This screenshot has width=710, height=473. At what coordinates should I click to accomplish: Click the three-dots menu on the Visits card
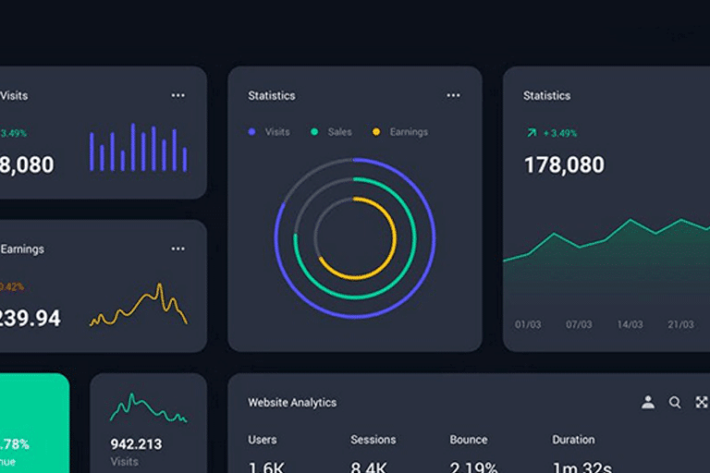[x=177, y=95]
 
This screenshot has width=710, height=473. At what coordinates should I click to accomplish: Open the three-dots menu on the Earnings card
[x=177, y=249]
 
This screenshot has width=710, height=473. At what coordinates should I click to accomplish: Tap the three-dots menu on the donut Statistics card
[x=453, y=95]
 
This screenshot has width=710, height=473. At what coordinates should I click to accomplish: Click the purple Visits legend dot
[x=251, y=132]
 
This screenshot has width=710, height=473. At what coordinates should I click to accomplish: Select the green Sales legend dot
[x=314, y=132]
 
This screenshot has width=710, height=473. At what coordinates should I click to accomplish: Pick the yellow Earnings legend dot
[x=376, y=132]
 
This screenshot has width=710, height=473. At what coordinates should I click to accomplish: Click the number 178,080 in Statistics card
[x=564, y=165]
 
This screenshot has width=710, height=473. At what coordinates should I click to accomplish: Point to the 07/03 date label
[x=579, y=325]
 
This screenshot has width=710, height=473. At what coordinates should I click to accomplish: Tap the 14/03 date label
[x=630, y=325]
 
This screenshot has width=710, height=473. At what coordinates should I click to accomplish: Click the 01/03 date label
[x=528, y=325]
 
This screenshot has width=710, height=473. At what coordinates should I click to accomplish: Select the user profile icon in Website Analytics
[x=648, y=402]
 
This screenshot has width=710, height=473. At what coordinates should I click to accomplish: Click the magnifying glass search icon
[x=675, y=402]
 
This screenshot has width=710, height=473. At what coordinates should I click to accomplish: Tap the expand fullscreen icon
[x=702, y=402]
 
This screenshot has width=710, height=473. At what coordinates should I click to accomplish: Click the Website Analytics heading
[x=292, y=403]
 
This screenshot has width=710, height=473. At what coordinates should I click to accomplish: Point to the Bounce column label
[x=469, y=440]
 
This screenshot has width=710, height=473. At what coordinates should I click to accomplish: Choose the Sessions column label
[x=373, y=440]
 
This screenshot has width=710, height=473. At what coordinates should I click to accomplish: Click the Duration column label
[x=573, y=440]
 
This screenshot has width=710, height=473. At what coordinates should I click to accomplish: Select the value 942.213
[x=136, y=444]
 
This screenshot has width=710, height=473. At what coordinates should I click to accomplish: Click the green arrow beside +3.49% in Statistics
[x=531, y=133]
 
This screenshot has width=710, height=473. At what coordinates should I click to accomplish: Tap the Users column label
[x=263, y=440]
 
